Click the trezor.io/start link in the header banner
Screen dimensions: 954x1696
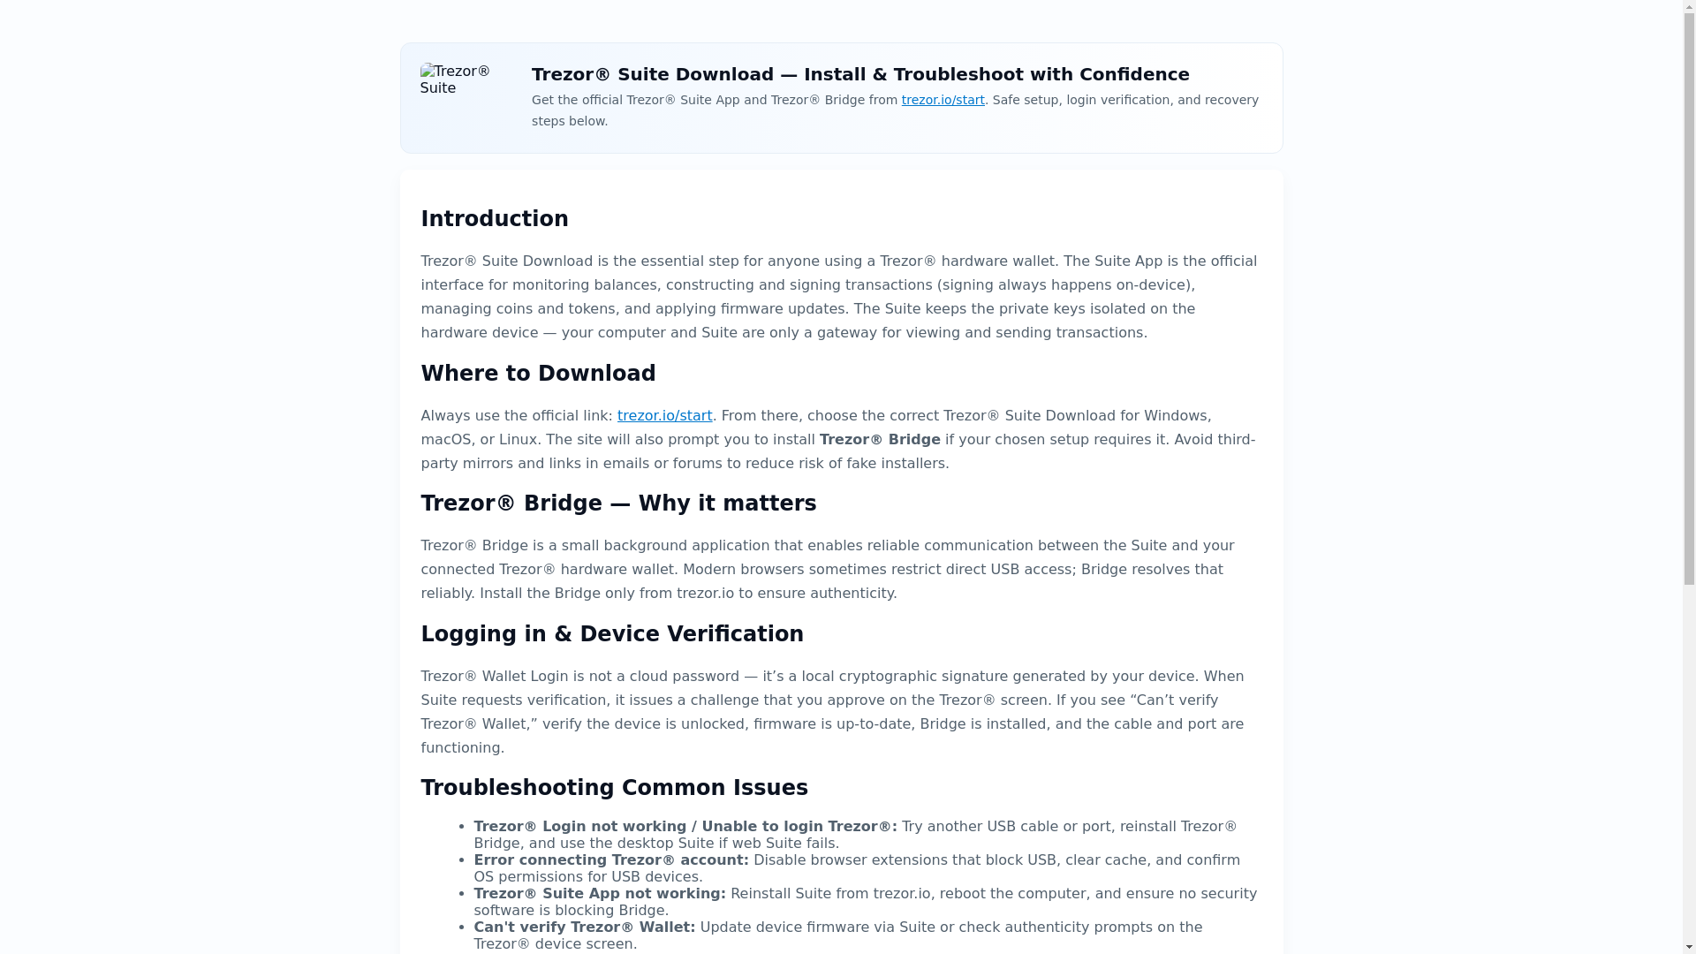943,100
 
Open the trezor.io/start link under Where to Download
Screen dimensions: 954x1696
664,415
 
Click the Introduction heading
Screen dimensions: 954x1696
494,219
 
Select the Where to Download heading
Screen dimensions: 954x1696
537,374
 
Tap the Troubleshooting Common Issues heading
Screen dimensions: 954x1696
614,788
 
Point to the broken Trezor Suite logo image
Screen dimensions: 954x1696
456,79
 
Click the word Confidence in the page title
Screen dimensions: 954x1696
1134,74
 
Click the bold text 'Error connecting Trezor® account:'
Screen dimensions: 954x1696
610,859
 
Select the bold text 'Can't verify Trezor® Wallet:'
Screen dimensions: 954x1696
584,927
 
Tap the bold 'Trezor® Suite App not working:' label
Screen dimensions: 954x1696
599,893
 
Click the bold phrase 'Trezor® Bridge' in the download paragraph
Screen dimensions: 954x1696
880,439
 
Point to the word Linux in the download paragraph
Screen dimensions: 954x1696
518,439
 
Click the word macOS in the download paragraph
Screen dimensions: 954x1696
445,439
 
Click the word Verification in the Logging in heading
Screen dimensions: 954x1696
735,634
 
